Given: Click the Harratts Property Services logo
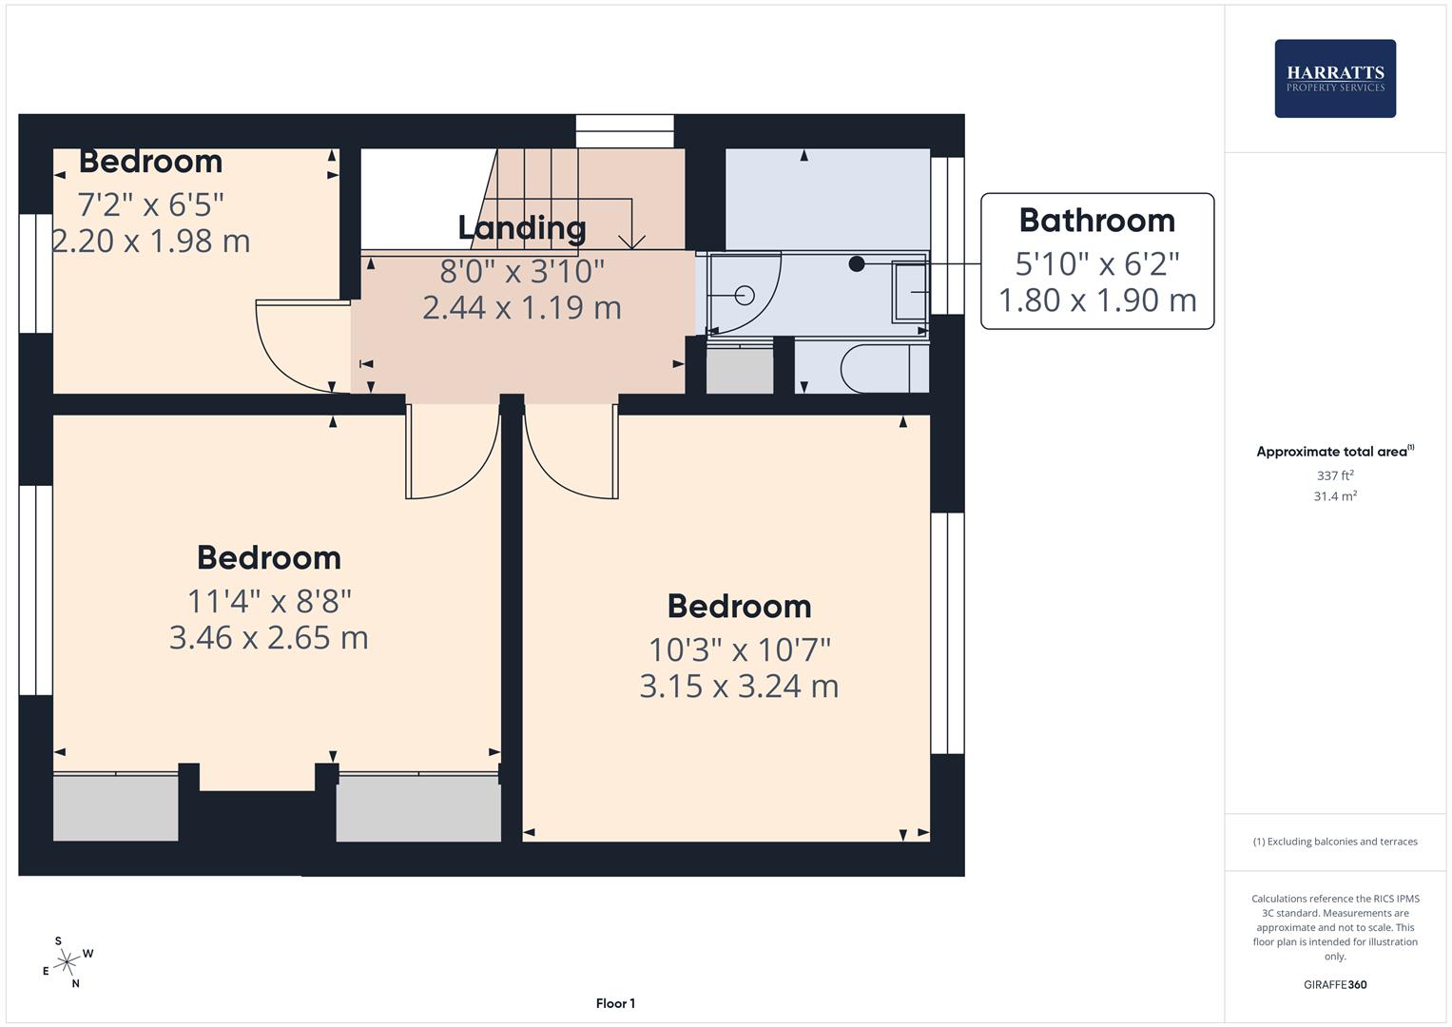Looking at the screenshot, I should (x=1334, y=79).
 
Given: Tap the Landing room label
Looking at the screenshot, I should (x=521, y=228).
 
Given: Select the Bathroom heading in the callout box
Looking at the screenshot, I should (x=1096, y=221).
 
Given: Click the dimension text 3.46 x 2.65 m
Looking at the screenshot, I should (x=268, y=637).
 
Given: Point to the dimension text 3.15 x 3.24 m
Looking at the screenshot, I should (x=739, y=686).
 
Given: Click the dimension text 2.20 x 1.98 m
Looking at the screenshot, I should (x=151, y=241).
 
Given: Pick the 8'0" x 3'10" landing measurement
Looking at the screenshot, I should (x=521, y=271).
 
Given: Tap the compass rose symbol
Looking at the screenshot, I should (x=67, y=962).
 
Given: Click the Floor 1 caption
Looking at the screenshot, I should (x=615, y=1003).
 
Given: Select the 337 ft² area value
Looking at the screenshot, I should (x=1334, y=475).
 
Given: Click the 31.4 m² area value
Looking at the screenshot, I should (x=1334, y=495).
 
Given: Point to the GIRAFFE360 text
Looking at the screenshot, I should (x=1334, y=984).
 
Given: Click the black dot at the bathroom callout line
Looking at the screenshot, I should (x=857, y=263).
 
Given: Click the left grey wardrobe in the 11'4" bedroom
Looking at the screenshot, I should (x=115, y=807).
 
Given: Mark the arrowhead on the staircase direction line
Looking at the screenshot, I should (x=631, y=242).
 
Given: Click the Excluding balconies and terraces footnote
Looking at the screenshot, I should (x=1334, y=842).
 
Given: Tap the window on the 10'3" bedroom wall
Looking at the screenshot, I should (x=947, y=633).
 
